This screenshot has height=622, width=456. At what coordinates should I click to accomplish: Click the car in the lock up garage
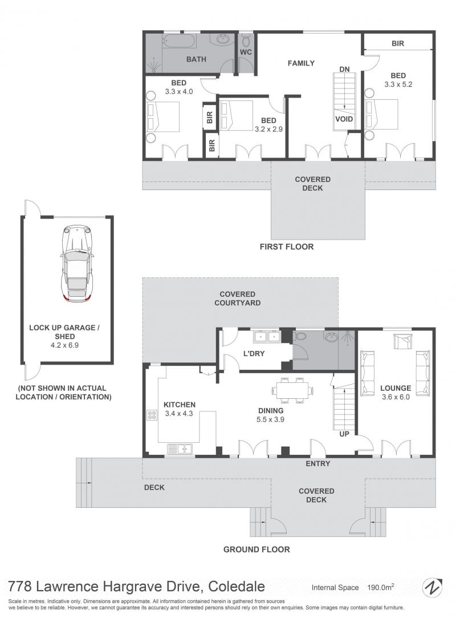[78, 264]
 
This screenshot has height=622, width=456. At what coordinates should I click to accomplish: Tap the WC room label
[246, 52]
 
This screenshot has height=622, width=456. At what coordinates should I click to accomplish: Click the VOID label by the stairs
[344, 119]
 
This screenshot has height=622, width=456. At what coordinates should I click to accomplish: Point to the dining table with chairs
[294, 390]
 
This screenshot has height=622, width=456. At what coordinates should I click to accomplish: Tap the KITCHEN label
[180, 405]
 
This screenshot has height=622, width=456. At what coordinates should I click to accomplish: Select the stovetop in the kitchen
[152, 415]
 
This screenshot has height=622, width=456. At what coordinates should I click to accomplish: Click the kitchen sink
[180, 449]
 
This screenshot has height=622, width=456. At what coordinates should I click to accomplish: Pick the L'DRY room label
[254, 353]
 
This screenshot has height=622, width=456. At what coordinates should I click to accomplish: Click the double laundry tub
[267, 337]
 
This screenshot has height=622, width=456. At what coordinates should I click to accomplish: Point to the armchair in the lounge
[402, 342]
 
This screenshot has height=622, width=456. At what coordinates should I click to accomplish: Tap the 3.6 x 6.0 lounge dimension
[396, 397]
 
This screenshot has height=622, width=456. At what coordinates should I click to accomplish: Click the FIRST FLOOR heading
[287, 247]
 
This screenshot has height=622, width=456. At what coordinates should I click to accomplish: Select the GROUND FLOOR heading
[256, 550]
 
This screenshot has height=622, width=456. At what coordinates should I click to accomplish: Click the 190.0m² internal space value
[380, 587]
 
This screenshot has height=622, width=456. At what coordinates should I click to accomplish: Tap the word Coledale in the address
[237, 586]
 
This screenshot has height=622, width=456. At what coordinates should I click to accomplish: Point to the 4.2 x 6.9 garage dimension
[64, 345]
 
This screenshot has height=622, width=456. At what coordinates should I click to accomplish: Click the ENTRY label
[317, 463]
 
